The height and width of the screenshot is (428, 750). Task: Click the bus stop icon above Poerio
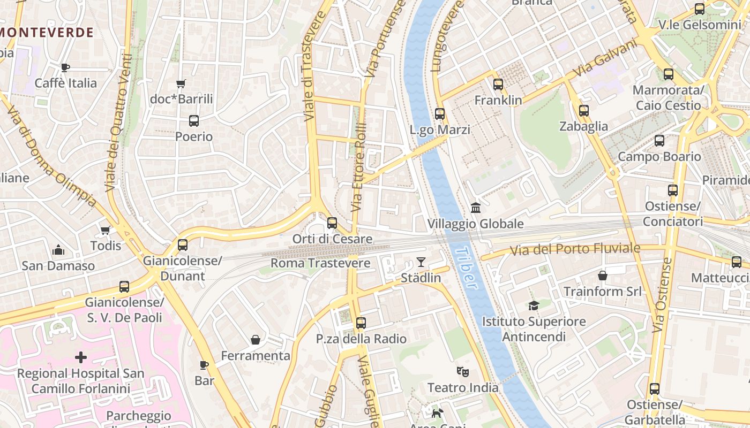pyautogui.click(x=194, y=121)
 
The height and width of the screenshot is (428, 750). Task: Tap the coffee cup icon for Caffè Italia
pyautogui.click(x=65, y=67)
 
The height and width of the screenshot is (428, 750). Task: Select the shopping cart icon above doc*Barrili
pyautogui.click(x=181, y=83)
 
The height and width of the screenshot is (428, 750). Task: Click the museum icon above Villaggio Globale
pyautogui.click(x=475, y=208)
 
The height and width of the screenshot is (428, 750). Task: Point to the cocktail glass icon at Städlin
pyautogui.click(x=421, y=262)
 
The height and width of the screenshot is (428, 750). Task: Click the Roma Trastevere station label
pyautogui.click(x=320, y=263)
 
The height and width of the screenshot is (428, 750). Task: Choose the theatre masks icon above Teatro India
pyautogui.click(x=462, y=371)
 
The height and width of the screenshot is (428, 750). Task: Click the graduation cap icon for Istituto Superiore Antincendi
pyautogui.click(x=534, y=305)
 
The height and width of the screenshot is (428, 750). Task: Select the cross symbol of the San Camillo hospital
pyautogui.click(x=81, y=357)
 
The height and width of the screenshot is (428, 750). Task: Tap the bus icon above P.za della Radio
pyautogui.click(x=361, y=323)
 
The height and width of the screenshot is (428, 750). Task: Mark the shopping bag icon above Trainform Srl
pyautogui.click(x=603, y=276)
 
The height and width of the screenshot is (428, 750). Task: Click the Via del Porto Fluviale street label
pyautogui.click(x=575, y=249)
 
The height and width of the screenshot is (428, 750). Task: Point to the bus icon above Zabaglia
pyautogui.click(x=584, y=111)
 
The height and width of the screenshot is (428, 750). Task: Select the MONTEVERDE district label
pyautogui.click(x=47, y=32)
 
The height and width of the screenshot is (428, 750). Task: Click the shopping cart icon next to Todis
pyautogui.click(x=106, y=230)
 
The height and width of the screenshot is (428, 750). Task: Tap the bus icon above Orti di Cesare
pyautogui.click(x=332, y=223)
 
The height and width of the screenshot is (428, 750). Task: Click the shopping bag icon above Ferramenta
pyautogui.click(x=256, y=340)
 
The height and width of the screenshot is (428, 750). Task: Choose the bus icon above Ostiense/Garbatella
pyautogui.click(x=654, y=389)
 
